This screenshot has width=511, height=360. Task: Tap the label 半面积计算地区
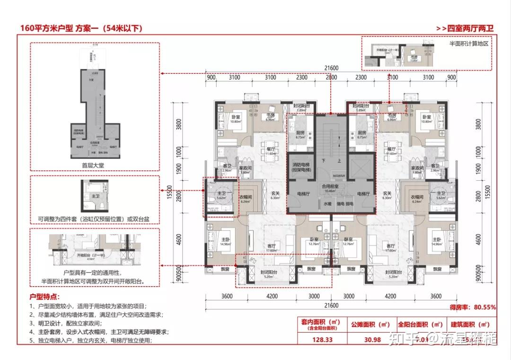[x=468, y=43]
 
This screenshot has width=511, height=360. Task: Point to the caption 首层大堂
[x=95, y=166]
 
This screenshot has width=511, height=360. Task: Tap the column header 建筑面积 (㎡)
[x=470, y=325]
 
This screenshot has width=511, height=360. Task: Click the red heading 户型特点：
[x=45, y=297]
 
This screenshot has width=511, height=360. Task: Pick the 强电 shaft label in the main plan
[x=341, y=204]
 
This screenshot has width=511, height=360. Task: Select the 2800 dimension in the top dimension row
[x=331, y=78]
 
